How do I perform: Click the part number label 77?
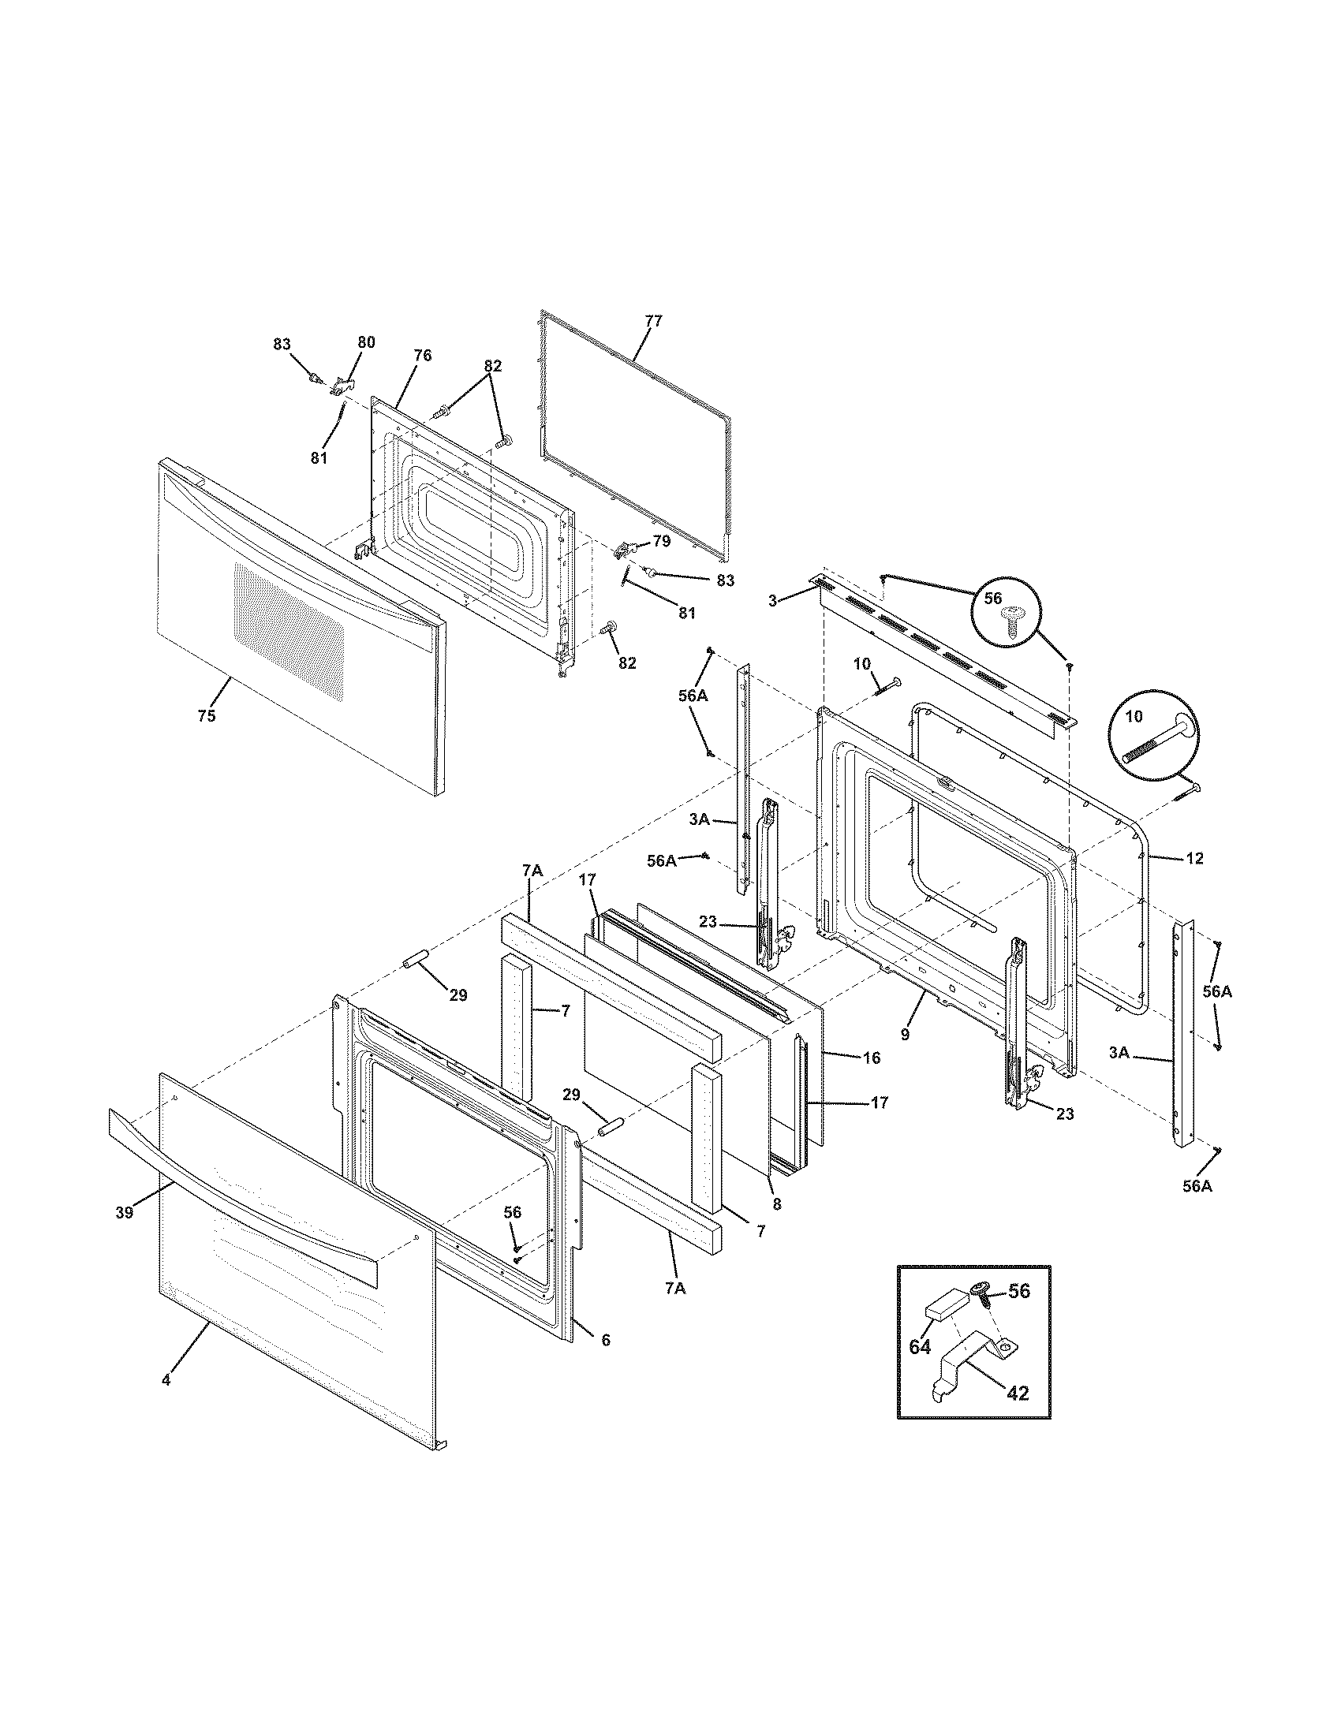(653, 321)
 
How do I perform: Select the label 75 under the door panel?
(206, 716)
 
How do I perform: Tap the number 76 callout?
(423, 355)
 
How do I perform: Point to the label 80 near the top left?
(366, 342)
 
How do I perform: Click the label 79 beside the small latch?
(662, 542)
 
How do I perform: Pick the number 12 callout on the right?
(1194, 858)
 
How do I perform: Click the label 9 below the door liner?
(905, 1035)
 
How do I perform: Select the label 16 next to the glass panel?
(871, 1058)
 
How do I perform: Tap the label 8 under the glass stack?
(776, 1204)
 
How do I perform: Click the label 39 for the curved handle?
(124, 1212)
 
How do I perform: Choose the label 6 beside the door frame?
(605, 1340)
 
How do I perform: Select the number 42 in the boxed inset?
(1018, 1393)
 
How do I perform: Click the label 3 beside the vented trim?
(772, 601)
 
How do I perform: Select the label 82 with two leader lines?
(492, 366)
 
